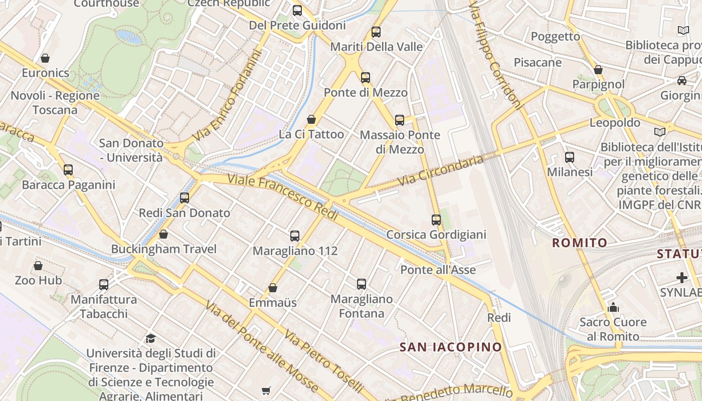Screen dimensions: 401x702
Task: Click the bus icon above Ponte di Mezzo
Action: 366,78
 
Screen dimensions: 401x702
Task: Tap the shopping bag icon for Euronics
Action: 45,58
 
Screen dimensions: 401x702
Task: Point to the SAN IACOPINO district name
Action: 450,347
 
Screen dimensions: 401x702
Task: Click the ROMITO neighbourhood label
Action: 580,243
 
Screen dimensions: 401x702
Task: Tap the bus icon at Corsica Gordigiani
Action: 436,220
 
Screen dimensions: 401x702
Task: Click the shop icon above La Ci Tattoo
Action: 311,119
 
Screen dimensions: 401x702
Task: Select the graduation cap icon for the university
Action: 150,338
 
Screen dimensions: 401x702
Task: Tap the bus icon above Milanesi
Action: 570,157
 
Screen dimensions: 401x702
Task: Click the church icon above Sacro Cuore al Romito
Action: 613,307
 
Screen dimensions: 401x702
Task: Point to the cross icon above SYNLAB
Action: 682,277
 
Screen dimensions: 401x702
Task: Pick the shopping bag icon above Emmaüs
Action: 273,288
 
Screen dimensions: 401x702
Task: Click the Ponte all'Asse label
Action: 438,270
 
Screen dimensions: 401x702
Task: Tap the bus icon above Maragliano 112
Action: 295,236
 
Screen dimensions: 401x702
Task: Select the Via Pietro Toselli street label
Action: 323,361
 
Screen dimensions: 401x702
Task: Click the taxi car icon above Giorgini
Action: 682,80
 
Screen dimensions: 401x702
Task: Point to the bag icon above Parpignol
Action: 598,70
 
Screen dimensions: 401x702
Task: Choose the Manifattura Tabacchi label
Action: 103,306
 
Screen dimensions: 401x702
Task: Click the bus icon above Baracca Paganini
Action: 68,170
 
